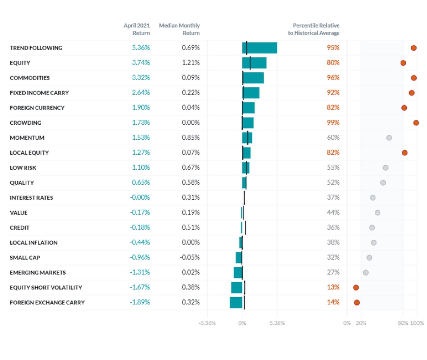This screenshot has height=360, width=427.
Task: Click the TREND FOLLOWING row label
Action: pyautogui.click(x=36, y=48)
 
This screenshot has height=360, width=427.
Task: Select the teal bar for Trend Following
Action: pyautogui.click(x=259, y=48)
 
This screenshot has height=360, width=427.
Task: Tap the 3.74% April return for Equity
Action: pyautogui.click(x=141, y=63)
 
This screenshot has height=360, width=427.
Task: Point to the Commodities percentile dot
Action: pyautogui.click(x=413, y=78)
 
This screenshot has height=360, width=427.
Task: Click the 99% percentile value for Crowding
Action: pyautogui.click(x=333, y=122)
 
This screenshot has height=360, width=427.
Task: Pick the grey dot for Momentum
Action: pyautogui.click(x=389, y=138)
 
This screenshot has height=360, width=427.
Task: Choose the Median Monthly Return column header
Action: pyautogui.click(x=179, y=29)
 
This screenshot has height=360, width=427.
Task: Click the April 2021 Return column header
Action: pyautogui.click(x=137, y=29)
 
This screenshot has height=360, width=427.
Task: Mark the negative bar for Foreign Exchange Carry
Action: pyautogui.click(x=236, y=302)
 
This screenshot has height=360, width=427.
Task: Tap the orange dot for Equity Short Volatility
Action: pyautogui.click(x=356, y=287)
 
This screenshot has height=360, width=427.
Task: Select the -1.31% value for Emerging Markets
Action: pyautogui.click(x=140, y=272)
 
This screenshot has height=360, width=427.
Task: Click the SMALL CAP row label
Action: pyautogui.click(x=25, y=257)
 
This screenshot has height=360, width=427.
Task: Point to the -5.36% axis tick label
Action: pyautogui.click(x=207, y=323)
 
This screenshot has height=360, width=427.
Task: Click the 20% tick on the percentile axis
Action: pyautogui.click(x=361, y=323)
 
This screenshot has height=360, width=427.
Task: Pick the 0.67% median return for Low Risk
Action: pyautogui.click(x=191, y=167)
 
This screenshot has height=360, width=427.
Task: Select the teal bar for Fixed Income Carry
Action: pyautogui.click(x=251, y=93)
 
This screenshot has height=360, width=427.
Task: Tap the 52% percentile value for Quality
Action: pyautogui.click(x=333, y=183)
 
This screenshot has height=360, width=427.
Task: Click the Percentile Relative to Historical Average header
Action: pyautogui.click(x=313, y=29)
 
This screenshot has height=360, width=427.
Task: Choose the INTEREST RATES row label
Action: pyautogui.click(x=31, y=198)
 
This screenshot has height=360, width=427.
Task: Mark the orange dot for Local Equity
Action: pyautogui.click(x=405, y=153)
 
